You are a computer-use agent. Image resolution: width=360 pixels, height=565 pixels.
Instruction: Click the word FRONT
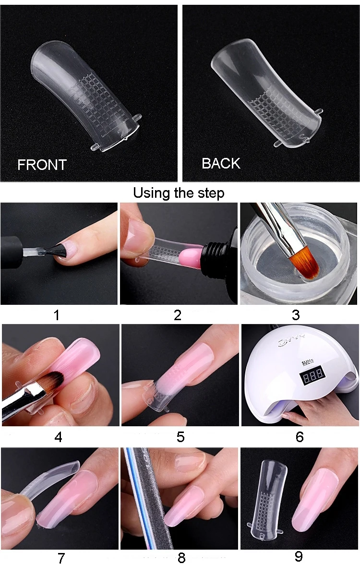(42, 165)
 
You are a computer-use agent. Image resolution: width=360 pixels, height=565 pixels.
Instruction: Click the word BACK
(220, 163)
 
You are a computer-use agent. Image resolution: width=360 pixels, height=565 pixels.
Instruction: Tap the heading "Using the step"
(179, 193)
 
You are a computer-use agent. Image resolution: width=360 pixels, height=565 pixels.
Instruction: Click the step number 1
(57, 315)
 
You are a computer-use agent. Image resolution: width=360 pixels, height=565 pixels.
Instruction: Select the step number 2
(177, 315)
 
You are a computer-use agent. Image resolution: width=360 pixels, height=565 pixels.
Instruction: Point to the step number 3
(296, 315)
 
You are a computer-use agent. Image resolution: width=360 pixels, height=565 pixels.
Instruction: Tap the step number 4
(58, 437)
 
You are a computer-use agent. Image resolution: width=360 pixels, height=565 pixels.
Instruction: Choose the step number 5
(180, 437)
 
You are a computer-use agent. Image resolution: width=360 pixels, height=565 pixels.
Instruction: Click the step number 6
(300, 437)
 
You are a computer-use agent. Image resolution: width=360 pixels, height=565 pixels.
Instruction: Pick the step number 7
(61, 558)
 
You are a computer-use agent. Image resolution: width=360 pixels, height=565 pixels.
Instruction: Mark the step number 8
(181, 558)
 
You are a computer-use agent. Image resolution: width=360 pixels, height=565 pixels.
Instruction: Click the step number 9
(299, 556)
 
